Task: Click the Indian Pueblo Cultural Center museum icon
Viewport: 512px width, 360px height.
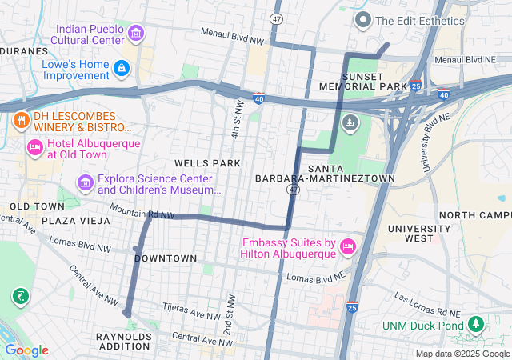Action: (136, 34)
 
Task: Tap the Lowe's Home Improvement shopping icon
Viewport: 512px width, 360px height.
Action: (122, 70)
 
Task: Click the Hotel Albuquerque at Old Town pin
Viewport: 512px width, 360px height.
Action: (35, 147)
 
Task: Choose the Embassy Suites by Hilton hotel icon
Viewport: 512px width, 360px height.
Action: (348, 246)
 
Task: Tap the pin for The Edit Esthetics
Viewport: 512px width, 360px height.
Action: (362, 20)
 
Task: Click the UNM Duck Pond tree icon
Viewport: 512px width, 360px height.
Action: (476, 323)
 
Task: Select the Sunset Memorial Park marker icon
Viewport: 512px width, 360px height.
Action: (350, 122)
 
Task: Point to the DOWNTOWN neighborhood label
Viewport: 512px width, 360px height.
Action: (166, 258)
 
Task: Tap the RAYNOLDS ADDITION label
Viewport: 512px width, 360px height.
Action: (123, 342)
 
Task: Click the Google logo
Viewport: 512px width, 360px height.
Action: (26, 350)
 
